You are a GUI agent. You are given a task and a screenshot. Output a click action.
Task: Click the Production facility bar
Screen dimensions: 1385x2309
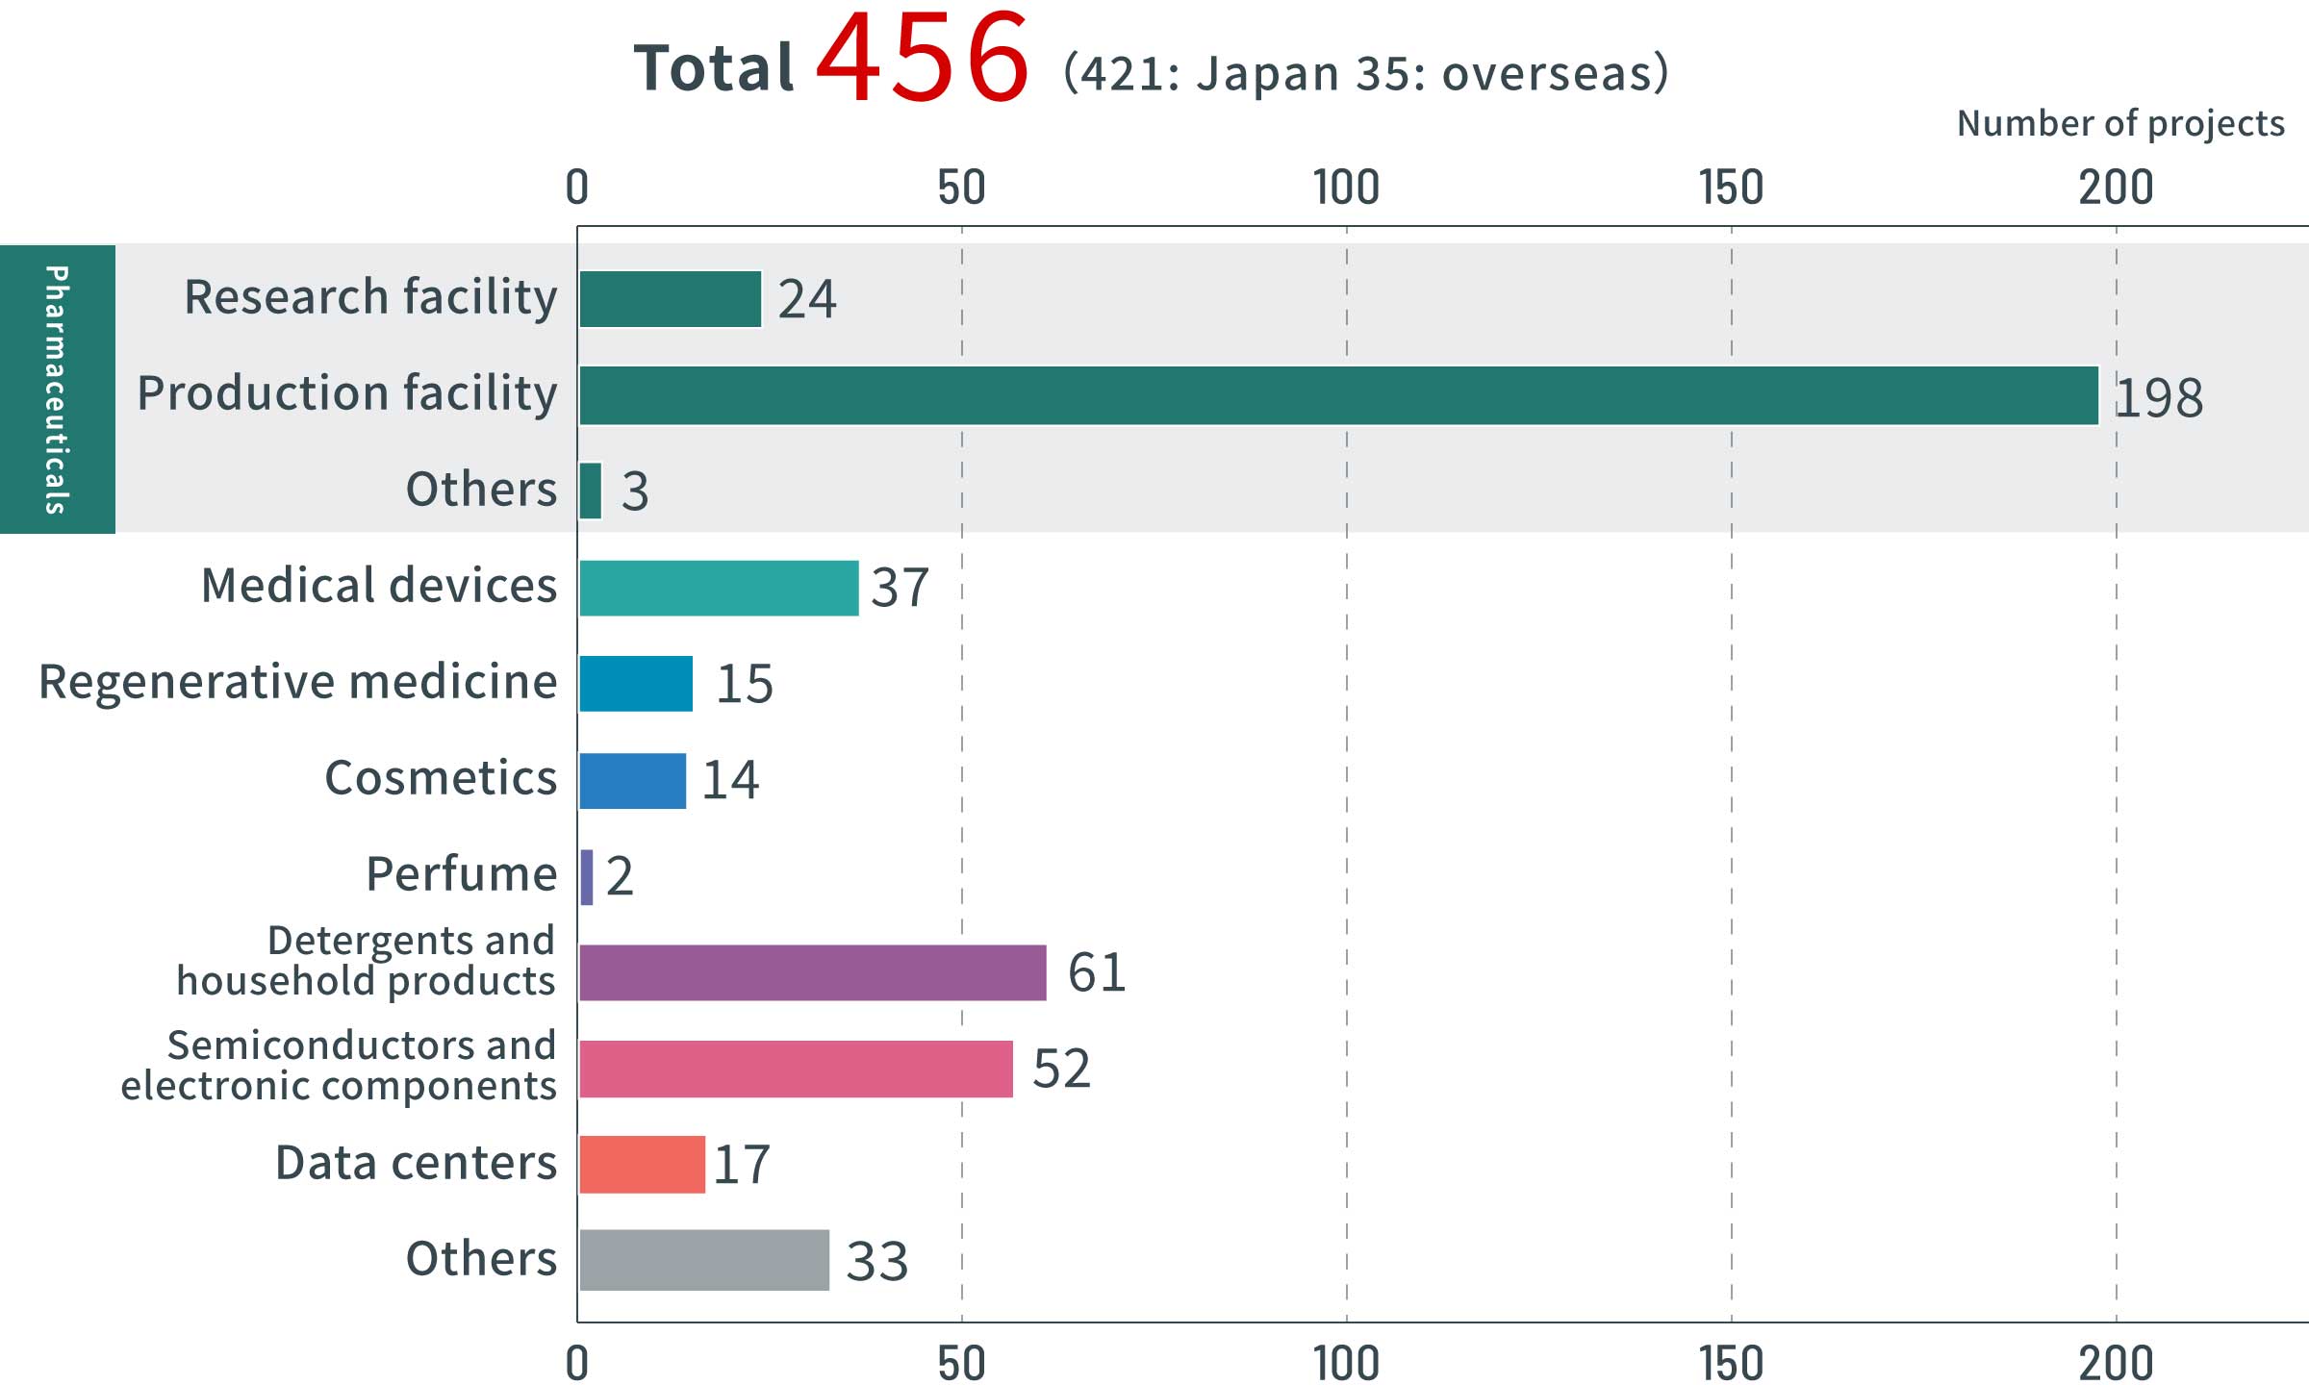click(1337, 395)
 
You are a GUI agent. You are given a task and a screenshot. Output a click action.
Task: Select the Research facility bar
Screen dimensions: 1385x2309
click(670, 299)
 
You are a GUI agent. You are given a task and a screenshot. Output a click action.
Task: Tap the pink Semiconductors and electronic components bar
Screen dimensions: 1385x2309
click(796, 1069)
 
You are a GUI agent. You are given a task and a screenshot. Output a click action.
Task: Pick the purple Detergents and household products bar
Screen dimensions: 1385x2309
click(812, 972)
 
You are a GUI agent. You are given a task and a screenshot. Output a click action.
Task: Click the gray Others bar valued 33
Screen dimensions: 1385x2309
click(703, 1260)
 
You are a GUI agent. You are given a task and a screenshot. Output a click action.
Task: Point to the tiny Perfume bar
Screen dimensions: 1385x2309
click(587, 876)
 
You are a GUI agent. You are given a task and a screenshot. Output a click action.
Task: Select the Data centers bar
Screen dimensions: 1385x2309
click(642, 1165)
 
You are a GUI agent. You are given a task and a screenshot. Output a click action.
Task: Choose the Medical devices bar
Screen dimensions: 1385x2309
click(718, 588)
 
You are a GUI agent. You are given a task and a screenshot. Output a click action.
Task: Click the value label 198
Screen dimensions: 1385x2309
click(2159, 397)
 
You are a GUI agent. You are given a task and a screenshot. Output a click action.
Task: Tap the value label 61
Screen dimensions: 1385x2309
click(1097, 972)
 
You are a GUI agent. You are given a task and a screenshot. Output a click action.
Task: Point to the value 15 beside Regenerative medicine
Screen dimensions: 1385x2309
click(745, 684)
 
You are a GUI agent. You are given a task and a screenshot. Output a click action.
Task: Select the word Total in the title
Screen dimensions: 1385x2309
click(714, 69)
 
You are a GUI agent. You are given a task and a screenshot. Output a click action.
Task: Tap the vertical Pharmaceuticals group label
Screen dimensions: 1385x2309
click(57, 390)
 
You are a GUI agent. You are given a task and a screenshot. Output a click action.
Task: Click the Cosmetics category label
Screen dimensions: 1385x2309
click(441, 778)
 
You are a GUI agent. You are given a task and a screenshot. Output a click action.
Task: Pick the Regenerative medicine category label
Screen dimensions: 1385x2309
click(298, 682)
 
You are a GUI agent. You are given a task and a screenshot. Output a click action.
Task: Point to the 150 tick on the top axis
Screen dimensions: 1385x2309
click(1731, 188)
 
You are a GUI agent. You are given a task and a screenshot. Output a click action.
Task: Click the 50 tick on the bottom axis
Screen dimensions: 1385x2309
click(961, 1363)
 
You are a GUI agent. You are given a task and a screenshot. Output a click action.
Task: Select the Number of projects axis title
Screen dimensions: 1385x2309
click(2120, 124)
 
